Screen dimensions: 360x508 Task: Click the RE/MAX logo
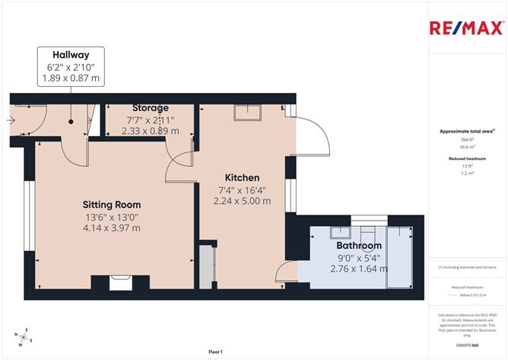465,29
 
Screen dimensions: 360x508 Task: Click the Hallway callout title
70,55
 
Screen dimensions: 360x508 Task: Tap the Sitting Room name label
112,205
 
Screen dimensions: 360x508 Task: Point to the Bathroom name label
359,246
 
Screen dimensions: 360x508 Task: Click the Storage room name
150,107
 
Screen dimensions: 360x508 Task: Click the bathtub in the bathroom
397,256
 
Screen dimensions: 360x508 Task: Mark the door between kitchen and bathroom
287,271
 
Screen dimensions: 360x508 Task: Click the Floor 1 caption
215,352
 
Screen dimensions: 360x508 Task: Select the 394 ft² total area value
467,140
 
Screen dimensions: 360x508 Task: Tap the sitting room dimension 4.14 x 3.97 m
112,228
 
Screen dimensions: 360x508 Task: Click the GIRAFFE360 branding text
468,344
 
